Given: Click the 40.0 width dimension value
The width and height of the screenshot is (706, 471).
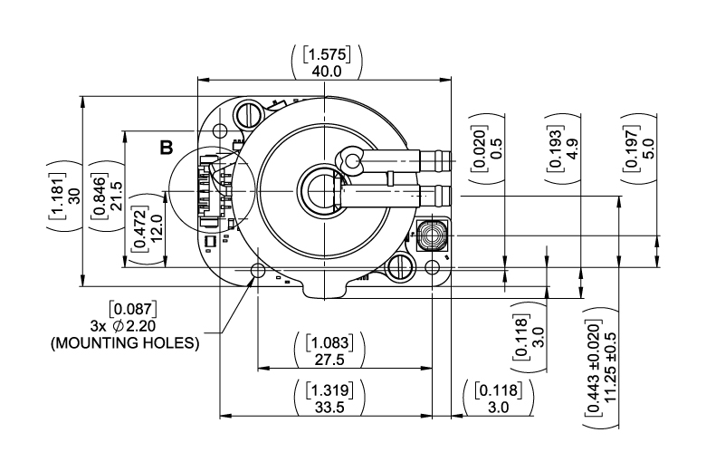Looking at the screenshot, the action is (x=327, y=72).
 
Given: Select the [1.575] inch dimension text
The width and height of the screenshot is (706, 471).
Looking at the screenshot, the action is (x=327, y=54).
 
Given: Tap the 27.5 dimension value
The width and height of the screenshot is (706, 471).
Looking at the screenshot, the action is (x=329, y=360).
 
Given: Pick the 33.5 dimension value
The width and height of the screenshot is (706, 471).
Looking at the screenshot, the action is (x=329, y=407).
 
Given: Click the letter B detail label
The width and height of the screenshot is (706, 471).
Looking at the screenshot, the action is (x=167, y=148).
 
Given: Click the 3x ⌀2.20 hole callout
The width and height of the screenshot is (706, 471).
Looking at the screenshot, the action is (x=123, y=325).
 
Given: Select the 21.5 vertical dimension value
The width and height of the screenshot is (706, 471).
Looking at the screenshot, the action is (x=116, y=195).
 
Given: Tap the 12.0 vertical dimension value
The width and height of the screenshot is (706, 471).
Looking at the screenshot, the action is (x=157, y=228).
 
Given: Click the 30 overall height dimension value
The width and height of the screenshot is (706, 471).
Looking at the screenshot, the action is (x=74, y=195).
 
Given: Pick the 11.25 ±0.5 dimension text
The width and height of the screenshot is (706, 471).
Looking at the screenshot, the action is (x=610, y=368).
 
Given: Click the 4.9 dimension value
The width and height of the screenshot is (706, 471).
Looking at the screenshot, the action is (x=573, y=149).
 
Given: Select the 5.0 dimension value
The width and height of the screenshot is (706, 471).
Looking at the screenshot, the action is (x=649, y=149).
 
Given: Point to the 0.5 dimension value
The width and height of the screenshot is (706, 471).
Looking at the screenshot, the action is (x=496, y=149).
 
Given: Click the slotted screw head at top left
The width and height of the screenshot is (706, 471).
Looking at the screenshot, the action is (x=248, y=115).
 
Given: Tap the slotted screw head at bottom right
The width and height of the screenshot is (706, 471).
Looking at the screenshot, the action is (x=400, y=268).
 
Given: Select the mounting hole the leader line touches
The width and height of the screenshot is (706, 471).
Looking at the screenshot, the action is (x=258, y=271).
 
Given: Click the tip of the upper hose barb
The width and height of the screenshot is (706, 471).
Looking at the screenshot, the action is (x=450, y=161).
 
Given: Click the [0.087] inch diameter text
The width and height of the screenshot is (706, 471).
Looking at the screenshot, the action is (x=133, y=309).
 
